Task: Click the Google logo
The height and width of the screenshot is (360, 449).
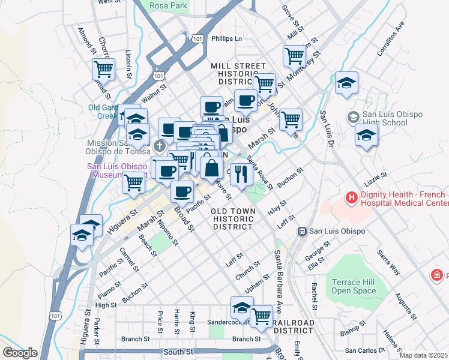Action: tap(20, 353)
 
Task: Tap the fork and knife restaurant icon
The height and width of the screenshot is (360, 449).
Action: tap(241, 174)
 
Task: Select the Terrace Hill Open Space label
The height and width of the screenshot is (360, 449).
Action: tap(354, 286)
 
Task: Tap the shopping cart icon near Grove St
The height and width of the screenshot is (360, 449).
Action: tap(294, 56)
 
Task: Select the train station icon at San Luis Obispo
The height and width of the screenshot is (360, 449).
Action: tap(304, 231)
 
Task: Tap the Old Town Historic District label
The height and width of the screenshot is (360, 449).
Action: tap(233, 219)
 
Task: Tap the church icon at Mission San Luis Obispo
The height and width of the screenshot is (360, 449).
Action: tap(159, 146)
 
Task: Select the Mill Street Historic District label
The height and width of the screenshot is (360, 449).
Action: tap(238, 73)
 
